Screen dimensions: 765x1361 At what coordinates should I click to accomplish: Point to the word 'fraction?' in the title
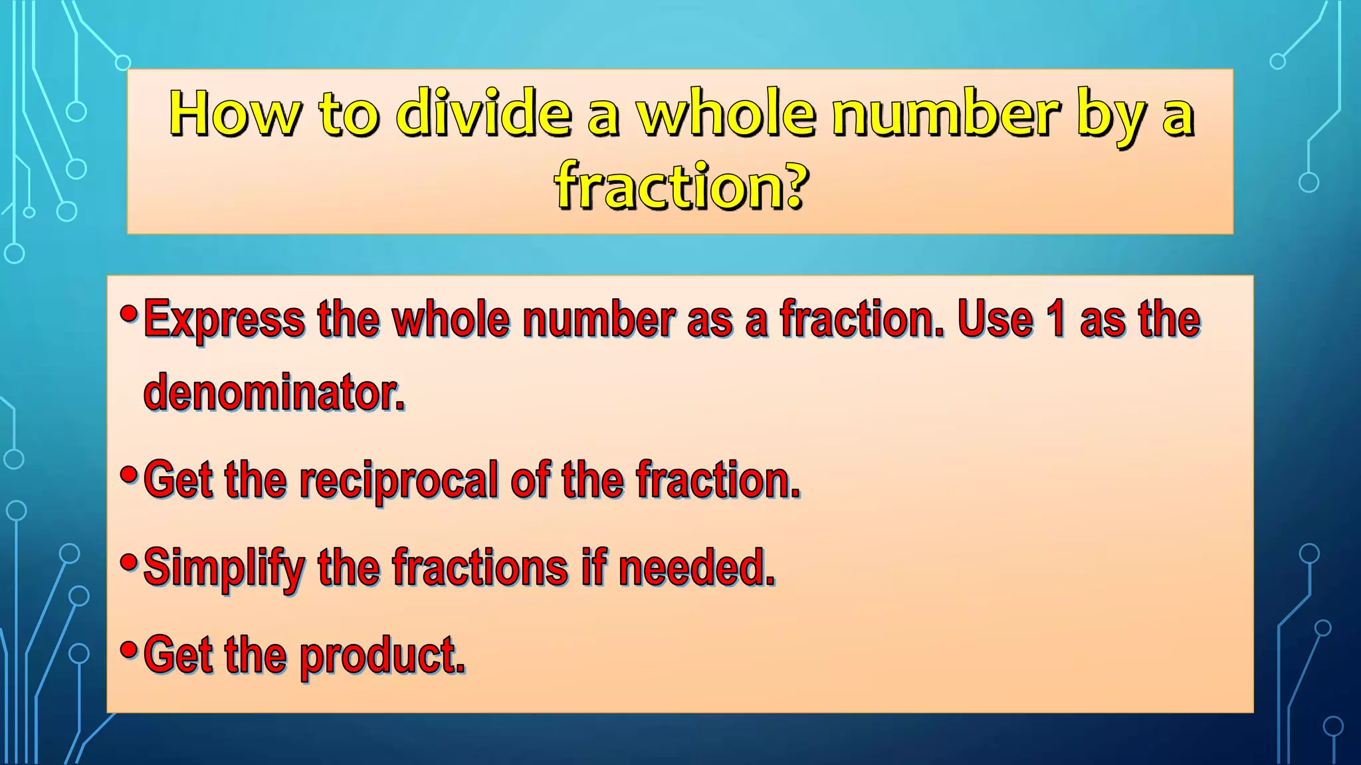(x=682, y=187)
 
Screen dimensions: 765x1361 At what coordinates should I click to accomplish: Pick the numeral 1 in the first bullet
(x=1055, y=319)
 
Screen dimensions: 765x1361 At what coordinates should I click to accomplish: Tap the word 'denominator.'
(x=274, y=392)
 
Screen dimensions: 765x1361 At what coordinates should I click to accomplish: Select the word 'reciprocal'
(x=398, y=480)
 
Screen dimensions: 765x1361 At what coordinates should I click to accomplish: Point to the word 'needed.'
(x=696, y=568)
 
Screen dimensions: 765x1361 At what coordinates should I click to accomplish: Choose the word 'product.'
(x=382, y=656)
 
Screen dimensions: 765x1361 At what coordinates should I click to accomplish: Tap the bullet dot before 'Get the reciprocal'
(x=129, y=473)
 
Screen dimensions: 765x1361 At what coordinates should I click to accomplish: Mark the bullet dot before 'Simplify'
(x=129, y=562)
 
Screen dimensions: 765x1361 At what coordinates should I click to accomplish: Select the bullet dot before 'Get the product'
(x=129, y=649)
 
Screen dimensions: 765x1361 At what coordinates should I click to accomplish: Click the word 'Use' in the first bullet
(x=995, y=319)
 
